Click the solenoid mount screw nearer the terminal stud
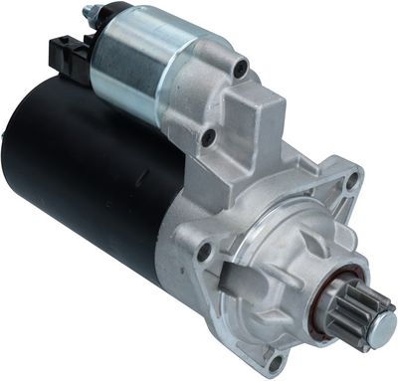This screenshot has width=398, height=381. tap(240, 68)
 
